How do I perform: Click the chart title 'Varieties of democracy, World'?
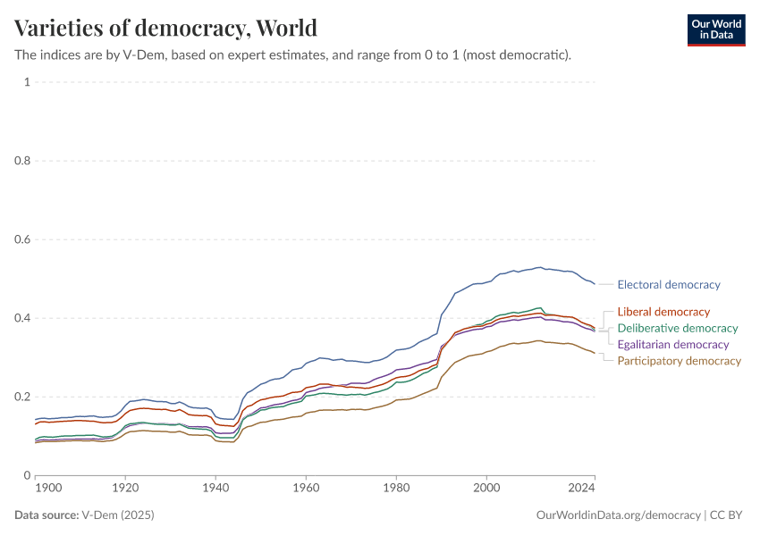click(165, 28)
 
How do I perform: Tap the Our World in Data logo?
click(715, 29)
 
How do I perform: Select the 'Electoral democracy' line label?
click(669, 285)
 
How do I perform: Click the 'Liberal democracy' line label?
click(663, 312)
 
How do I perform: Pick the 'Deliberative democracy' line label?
click(678, 328)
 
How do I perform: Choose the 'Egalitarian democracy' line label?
click(673, 345)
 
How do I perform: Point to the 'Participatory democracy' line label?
click(680, 361)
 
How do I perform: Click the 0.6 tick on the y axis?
click(22, 239)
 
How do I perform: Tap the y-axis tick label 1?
click(27, 82)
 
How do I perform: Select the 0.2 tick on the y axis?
click(22, 397)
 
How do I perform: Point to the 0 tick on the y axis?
click(27, 475)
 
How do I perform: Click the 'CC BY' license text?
click(728, 515)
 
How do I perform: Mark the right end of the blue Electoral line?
click(595, 284)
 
